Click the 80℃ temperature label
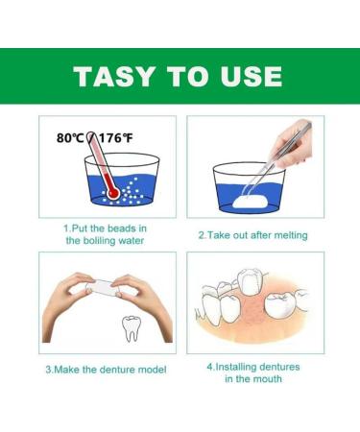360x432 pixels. (71, 138)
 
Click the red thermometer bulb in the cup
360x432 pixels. (114, 193)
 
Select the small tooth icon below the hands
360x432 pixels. (134, 328)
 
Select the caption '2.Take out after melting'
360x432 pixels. (254, 233)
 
